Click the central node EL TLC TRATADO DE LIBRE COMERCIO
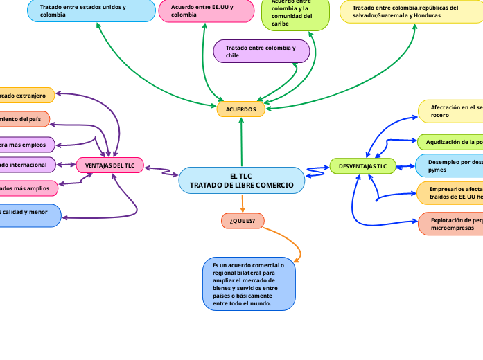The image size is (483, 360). coord(241,181)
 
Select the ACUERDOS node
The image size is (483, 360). coord(240,109)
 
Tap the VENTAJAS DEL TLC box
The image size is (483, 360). coord(109,165)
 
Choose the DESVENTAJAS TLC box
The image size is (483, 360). coord(362,166)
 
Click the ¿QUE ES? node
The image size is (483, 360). coord(242,221)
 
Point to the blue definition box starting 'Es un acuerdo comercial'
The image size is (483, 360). coord(249,284)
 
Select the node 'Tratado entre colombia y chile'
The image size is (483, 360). coord(262,51)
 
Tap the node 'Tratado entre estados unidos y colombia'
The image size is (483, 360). coord(91,10)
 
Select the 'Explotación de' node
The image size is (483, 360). coord(450,224)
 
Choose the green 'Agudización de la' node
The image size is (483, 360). coord(450,142)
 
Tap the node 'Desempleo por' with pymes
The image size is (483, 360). coord(450,165)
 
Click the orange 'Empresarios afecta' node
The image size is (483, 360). coord(450,192)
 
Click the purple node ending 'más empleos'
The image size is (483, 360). coord(26,145)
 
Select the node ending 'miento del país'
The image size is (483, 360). coord(24,119)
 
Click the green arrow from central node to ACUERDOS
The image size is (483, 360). coord(241,142)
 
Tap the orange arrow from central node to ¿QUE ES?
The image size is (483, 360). coord(243,203)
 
